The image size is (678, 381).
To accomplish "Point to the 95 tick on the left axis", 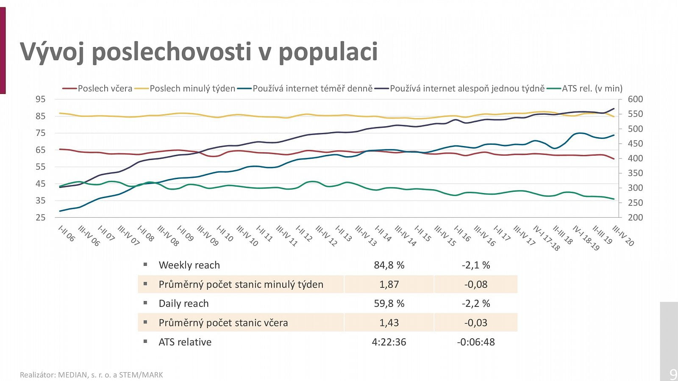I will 40,99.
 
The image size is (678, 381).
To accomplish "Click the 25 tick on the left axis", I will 40,217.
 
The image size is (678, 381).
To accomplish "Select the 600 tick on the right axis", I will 635,99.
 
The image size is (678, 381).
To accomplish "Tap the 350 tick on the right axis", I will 635,173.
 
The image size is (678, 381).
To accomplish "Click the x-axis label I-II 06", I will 67,234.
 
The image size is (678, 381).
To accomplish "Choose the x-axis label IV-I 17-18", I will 546,238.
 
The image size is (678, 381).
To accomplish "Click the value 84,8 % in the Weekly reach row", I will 389,265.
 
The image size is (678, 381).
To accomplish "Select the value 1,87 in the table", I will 389,284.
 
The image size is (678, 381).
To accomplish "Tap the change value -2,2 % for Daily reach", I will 475,304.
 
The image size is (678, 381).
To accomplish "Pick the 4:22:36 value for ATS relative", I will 389,342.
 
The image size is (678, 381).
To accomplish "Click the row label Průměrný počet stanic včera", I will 223,323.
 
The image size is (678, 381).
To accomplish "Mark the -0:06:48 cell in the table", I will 475,342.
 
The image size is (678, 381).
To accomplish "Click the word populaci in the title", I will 328,52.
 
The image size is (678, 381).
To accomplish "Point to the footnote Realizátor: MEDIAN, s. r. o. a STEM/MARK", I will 91,375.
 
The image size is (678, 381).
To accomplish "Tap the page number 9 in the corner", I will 673,374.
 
